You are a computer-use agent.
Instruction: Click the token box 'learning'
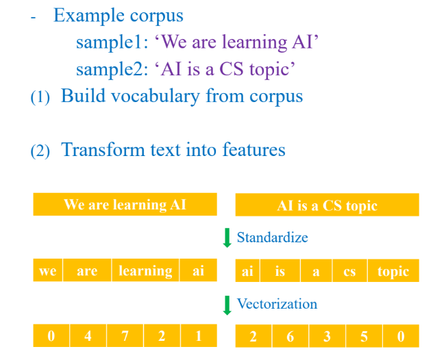(145, 270)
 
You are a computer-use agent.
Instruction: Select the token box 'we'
(48, 270)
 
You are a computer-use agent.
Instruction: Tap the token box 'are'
(87, 270)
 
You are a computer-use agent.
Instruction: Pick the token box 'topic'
(393, 270)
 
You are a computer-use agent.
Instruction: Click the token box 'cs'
(350, 270)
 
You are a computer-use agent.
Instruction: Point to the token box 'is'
(280, 270)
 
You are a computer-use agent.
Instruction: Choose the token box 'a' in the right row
(317, 270)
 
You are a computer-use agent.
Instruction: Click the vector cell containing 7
(125, 335)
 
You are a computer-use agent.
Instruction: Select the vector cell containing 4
(88, 335)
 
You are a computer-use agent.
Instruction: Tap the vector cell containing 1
(199, 335)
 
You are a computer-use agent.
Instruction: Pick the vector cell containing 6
(290, 336)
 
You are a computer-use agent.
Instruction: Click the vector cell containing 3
(327, 336)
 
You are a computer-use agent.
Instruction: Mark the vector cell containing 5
(364, 336)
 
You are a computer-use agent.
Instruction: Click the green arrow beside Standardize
(227, 237)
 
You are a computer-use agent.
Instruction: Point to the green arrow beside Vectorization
(227, 305)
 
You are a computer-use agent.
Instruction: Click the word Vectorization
(277, 304)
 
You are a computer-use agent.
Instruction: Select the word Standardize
(272, 237)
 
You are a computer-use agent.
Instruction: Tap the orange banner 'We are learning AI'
(125, 204)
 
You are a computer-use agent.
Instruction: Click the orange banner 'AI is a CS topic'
(327, 205)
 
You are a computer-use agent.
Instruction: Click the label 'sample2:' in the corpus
(112, 69)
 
